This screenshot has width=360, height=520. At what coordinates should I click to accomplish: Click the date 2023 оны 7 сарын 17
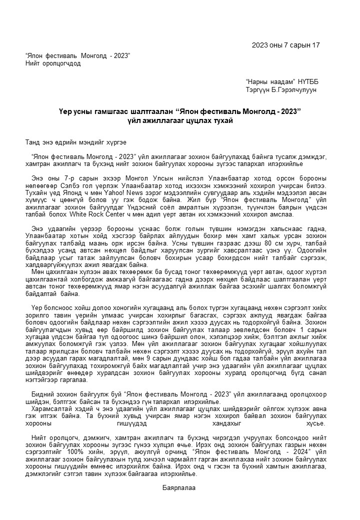click(286, 45)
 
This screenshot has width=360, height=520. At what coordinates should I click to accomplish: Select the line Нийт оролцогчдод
click(53, 63)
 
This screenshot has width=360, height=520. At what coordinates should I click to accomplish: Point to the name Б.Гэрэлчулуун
click(295, 90)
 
